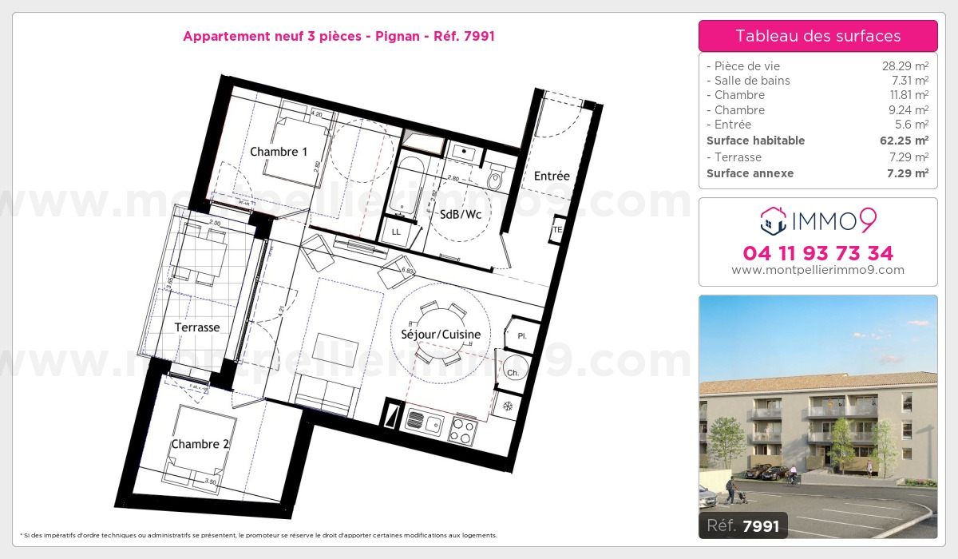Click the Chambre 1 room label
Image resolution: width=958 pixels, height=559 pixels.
point(279,152)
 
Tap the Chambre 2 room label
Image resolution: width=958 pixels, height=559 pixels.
point(200,444)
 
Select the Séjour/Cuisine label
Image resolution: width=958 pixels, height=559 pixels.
point(441,335)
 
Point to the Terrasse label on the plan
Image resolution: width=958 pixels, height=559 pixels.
point(197,327)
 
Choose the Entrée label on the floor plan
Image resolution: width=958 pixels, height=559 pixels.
point(552,176)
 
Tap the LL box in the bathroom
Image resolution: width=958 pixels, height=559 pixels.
point(396,232)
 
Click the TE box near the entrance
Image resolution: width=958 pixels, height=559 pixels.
point(557,231)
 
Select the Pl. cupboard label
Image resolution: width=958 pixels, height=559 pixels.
point(523,335)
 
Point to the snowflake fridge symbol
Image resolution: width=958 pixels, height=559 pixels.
point(506,406)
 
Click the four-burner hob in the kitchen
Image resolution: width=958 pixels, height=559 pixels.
point(462,430)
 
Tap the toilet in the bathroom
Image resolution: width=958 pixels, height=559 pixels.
point(495,180)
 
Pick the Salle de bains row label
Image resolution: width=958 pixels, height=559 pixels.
point(751,81)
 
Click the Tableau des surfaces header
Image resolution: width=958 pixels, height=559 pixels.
point(817,36)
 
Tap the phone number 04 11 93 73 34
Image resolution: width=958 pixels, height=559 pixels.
point(817,253)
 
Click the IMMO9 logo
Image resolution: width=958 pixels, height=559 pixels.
point(817,219)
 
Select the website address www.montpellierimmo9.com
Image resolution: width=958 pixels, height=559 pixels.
point(817,270)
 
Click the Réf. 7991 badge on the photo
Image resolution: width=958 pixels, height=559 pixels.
point(742,525)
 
